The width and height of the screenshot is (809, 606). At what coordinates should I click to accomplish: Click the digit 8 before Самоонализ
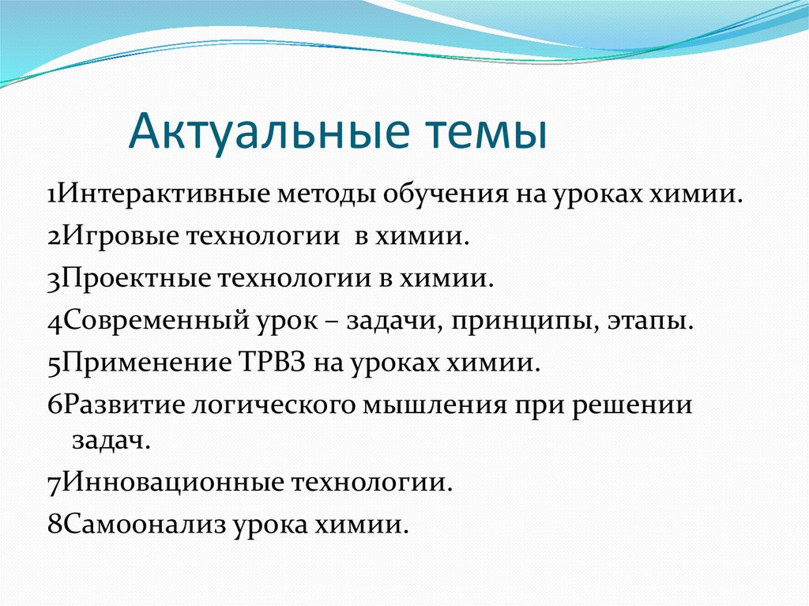pyautogui.click(x=55, y=524)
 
